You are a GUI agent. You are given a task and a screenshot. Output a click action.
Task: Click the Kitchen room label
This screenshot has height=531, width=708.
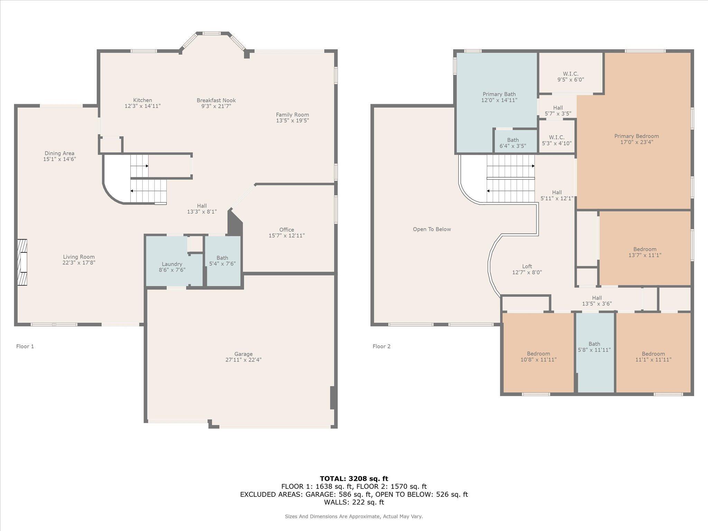click(142, 100)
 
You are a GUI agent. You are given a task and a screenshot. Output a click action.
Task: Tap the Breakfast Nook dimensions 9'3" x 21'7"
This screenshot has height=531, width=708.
click(216, 106)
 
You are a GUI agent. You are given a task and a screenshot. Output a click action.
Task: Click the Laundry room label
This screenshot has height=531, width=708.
click(172, 264)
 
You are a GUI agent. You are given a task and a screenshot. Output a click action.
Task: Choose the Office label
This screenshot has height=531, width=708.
click(287, 230)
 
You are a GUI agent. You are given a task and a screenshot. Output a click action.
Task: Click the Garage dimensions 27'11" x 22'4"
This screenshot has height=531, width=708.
click(243, 360)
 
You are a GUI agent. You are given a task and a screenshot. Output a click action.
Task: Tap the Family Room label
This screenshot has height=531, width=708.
click(292, 114)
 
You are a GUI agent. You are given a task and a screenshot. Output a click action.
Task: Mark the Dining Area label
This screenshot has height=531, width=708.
click(59, 153)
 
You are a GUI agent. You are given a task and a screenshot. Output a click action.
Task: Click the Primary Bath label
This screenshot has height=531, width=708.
click(499, 94)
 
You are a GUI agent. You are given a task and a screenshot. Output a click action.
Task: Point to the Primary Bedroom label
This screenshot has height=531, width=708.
click(636, 136)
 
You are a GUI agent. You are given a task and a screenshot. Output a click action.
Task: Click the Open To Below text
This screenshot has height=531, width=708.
click(432, 229)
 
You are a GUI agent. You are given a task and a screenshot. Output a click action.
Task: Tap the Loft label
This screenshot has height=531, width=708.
click(527, 266)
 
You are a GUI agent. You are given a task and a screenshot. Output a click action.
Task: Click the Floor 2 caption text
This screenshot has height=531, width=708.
click(381, 346)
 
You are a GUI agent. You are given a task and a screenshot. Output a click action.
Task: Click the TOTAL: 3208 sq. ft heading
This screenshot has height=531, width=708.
click(354, 478)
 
